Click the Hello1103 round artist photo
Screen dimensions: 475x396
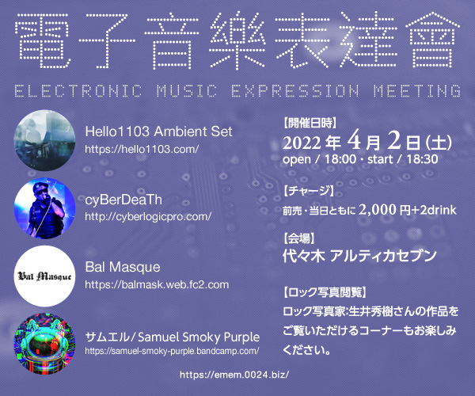coord(44,140)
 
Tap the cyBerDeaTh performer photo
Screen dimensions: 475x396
coord(44,208)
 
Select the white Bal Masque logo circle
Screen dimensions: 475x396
coord(44,276)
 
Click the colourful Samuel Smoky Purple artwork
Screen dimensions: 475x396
coord(44,344)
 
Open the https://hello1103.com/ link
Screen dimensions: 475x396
coord(142,149)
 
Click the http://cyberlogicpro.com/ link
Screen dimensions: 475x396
coord(148,217)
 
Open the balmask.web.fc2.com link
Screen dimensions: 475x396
coord(157,284)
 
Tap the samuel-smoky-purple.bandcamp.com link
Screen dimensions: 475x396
coord(172,351)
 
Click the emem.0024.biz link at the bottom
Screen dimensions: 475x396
coord(234,375)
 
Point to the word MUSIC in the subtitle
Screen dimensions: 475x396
coord(187,91)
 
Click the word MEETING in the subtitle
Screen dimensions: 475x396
coord(417,91)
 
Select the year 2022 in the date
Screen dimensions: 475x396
coord(302,143)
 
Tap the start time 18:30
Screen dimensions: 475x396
coord(422,159)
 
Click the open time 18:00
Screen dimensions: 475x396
coord(340,159)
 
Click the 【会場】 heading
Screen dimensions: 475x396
coord(298,238)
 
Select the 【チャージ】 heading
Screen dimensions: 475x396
coord(309,191)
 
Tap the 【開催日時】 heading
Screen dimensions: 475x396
coord(310,123)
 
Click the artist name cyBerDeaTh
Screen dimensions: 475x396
coord(123,200)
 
